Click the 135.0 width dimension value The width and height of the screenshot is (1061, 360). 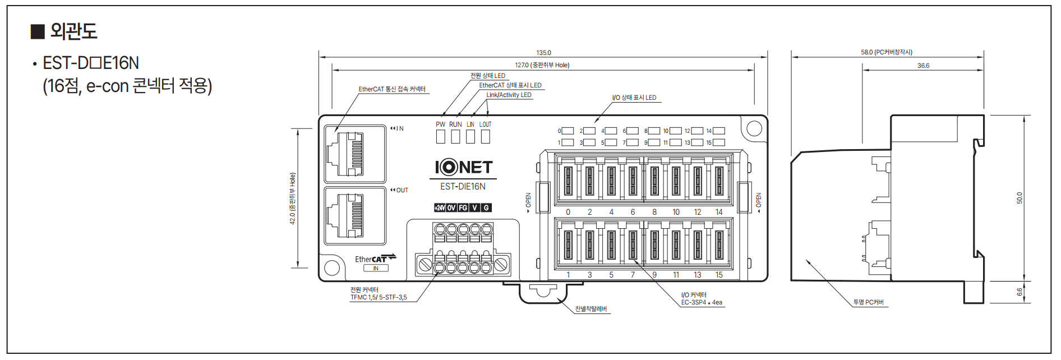[543, 53]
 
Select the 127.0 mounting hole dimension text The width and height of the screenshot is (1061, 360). [542, 65]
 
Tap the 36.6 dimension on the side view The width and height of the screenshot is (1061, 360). [923, 66]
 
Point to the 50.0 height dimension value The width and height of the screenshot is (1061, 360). [1019, 198]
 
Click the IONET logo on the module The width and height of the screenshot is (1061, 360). [463, 167]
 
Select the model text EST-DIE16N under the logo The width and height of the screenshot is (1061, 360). [463, 186]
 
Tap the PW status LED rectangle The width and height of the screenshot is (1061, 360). [441, 136]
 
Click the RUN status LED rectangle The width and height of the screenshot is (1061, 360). [455, 136]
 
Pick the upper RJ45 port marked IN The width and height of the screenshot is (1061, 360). [355, 154]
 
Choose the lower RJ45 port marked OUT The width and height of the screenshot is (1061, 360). [355, 215]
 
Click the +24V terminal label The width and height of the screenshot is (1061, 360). [440, 207]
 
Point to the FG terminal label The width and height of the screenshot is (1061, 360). [463, 207]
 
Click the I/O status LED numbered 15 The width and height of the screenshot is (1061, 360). [718, 142]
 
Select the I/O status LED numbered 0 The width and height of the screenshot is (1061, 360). [568, 131]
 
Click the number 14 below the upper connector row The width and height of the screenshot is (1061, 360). [719, 212]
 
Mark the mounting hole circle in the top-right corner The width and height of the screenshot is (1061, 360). [754, 128]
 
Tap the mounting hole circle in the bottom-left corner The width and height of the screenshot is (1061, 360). [332, 267]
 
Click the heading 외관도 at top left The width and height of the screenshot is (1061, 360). [73, 31]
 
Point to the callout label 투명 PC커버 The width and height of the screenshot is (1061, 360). [868, 302]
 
